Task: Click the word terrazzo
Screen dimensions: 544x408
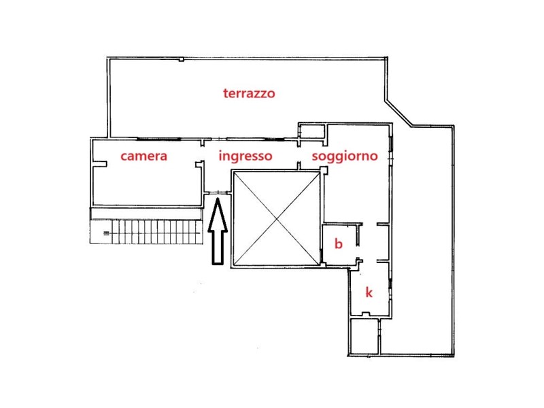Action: (249, 93)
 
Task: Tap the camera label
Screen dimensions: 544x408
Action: (143, 156)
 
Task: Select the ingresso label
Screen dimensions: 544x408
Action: (245, 156)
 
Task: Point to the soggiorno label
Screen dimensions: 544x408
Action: (345, 156)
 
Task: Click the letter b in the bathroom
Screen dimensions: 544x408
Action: (338, 243)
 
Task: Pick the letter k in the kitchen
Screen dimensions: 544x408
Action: (369, 292)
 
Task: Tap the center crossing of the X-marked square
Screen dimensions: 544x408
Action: (277, 219)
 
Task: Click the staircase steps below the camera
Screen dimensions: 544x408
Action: (146, 231)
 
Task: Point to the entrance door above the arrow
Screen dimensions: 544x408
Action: (216, 192)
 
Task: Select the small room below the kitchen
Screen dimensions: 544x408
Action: (364, 336)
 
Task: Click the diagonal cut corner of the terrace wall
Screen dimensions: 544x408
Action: (398, 114)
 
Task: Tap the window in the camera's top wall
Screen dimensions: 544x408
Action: (159, 139)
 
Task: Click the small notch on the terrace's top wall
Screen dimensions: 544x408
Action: (181, 60)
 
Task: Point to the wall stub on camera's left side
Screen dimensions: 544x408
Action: (99, 164)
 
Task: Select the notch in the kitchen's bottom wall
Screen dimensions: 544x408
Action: (366, 314)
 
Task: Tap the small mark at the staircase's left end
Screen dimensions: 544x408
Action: (106, 233)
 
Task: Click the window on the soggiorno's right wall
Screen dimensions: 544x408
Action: (391, 148)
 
